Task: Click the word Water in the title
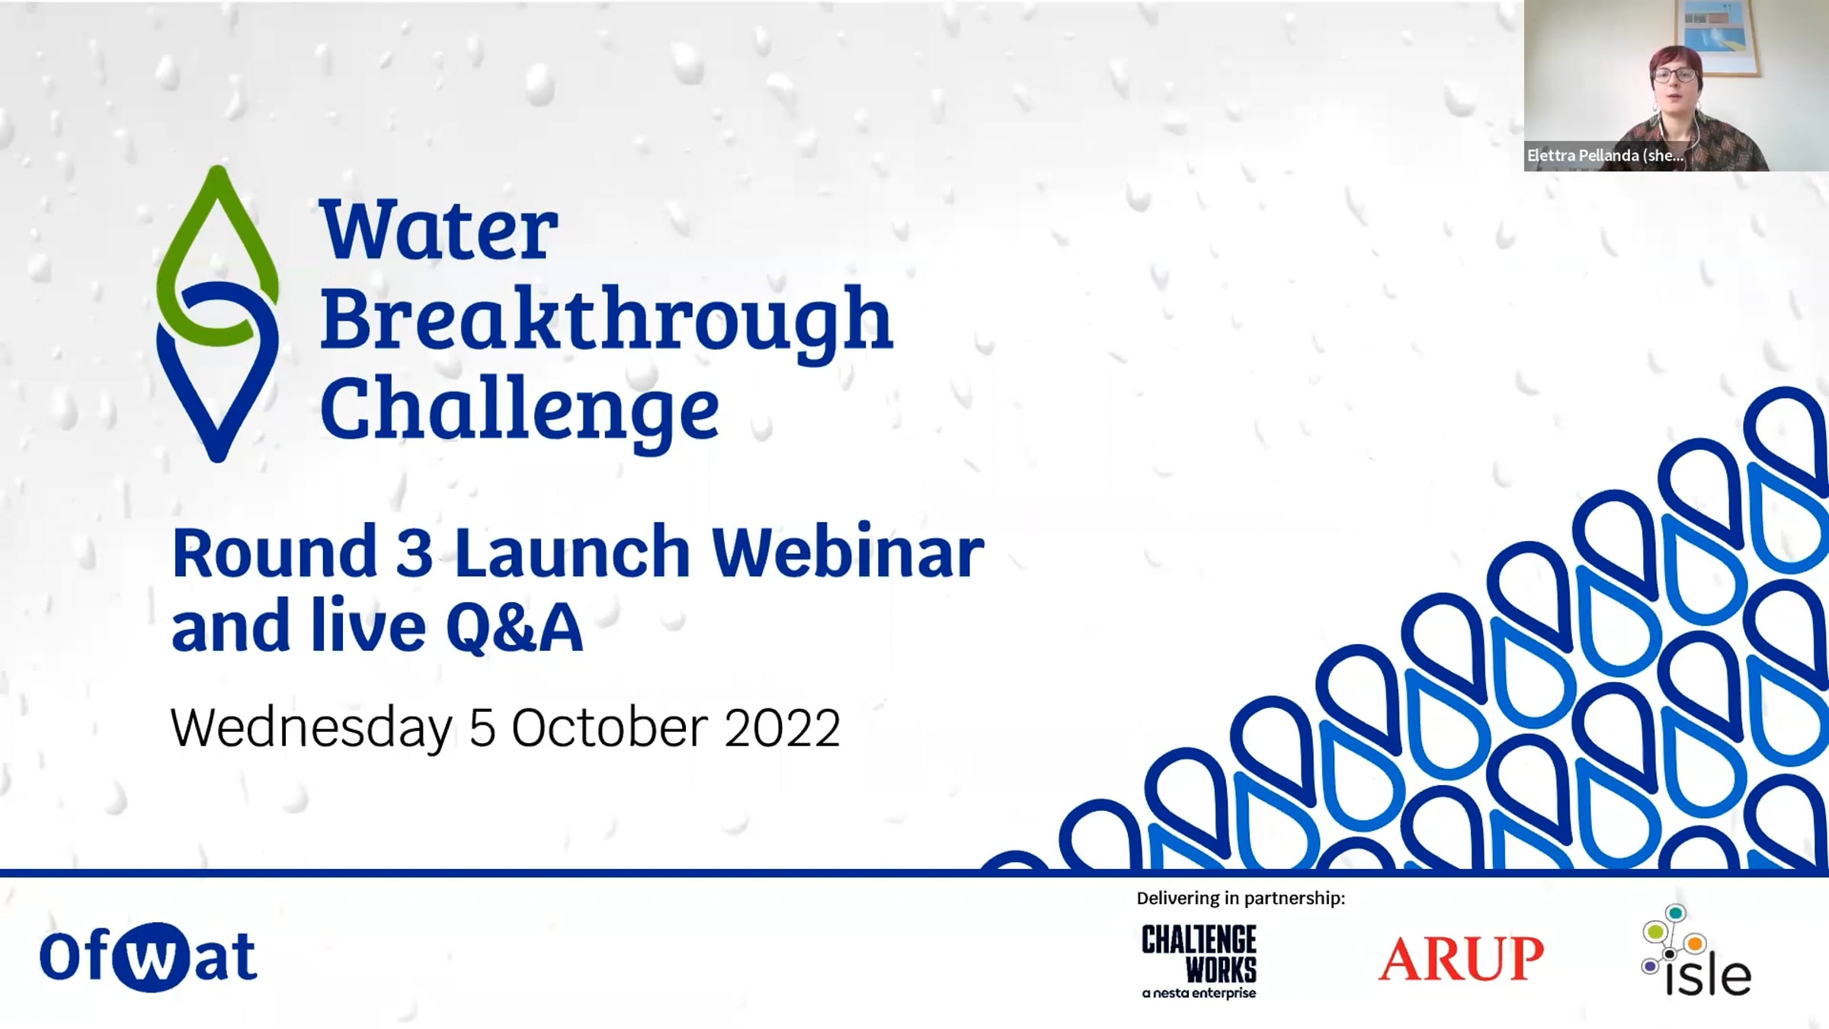[439, 229]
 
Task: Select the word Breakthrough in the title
[607, 325]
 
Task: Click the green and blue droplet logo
[217, 313]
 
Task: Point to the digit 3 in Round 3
[415, 552]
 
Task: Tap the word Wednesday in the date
[312, 728]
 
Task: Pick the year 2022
[782, 728]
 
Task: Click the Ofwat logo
[149, 957]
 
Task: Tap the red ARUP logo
[1461, 958]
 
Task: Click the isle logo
[1696, 950]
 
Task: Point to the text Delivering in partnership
[1241, 898]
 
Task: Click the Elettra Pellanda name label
[1606, 155]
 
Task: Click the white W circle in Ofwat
[149, 957]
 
